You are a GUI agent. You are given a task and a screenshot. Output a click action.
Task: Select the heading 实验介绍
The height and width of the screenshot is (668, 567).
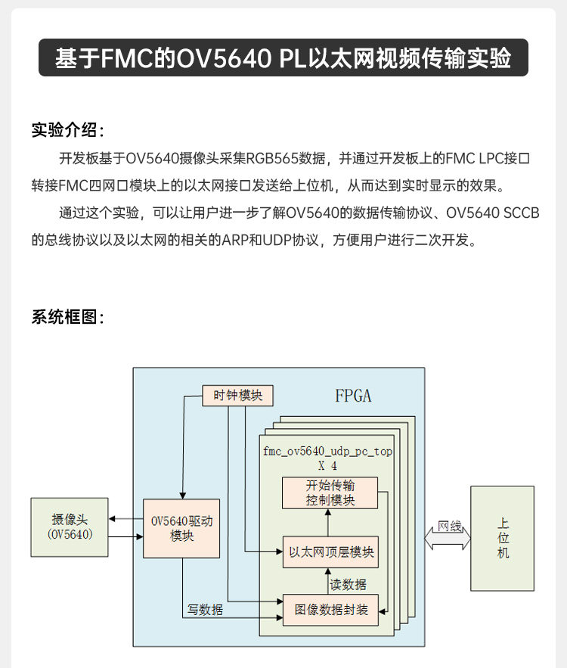[x=67, y=129]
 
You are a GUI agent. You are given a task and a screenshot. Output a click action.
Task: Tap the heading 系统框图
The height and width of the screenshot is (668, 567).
[x=67, y=316]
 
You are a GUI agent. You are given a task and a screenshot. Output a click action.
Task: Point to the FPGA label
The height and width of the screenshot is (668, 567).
[x=353, y=396]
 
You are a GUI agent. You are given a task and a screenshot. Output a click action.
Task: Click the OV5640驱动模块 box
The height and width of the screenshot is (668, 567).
[x=182, y=528]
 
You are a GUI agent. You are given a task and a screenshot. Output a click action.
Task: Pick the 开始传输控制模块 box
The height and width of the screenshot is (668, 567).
[x=330, y=492]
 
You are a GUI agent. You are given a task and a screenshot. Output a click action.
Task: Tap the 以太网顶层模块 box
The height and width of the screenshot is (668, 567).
[x=330, y=552]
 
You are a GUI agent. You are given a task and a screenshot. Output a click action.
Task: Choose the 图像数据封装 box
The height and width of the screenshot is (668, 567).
[x=330, y=609]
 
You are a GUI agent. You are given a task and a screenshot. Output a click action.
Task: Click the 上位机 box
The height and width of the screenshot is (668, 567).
[x=503, y=538]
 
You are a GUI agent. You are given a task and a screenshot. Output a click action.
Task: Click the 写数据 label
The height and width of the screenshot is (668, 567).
[x=206, y=609]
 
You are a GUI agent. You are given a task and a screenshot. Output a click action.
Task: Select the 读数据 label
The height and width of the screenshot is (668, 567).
[x=349, y=584]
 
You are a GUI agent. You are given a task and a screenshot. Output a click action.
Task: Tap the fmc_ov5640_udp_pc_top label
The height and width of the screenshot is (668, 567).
[x=327, y=451]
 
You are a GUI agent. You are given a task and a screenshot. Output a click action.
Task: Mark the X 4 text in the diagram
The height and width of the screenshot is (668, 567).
[x=327, y=466]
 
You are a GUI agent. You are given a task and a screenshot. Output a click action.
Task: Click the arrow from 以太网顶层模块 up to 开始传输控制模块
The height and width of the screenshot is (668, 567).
[x=327, y=523]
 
